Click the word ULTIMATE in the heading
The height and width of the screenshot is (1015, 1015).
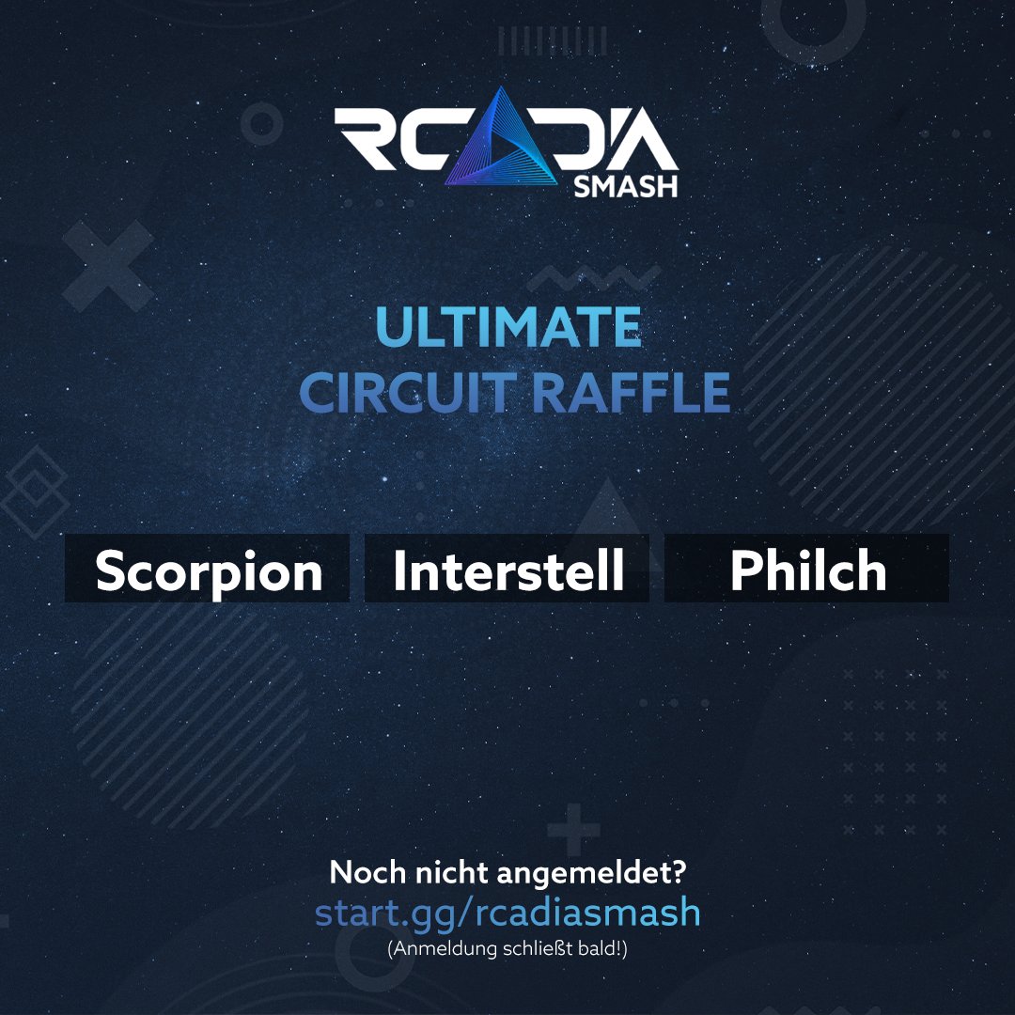click(508, 328)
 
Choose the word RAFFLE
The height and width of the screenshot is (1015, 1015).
click(631, 394)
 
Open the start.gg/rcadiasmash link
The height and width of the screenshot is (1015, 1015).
click(507, 913)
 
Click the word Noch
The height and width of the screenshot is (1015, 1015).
click(366, 873)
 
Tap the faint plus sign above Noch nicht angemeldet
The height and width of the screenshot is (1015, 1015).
click(572, 834)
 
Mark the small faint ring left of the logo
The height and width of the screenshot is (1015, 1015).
click(262, 124)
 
